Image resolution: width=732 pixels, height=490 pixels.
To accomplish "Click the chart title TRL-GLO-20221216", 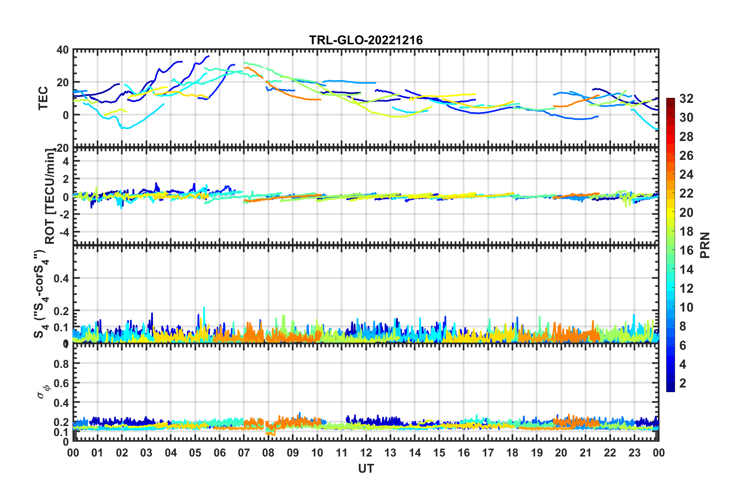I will pyautogui.click(x=366, y=40).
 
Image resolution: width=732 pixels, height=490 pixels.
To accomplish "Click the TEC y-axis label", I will pyautogui.click(x=43, y=98).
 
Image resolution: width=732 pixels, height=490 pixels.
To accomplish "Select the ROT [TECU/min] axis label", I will pyautogui.click(x=50, y=196).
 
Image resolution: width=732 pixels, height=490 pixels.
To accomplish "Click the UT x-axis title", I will pyautogui.click(x=366, y=468).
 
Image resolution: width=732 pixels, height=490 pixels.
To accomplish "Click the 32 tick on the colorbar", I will pyautogui.click(x=686, y=99).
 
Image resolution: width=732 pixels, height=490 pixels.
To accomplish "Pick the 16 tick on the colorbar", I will pyautogui.click(x=686, y=250).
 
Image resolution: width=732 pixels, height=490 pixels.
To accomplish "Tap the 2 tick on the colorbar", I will pyautogui.click(x=683, y=383).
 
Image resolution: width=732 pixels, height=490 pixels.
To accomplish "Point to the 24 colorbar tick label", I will pyautogui.click(x=686, y=175).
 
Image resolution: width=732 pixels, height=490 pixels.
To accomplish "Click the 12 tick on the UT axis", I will pyautogui.click(x=366, y=453).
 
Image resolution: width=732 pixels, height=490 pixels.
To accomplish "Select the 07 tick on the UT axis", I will pyautogui.click(x=244, y=453).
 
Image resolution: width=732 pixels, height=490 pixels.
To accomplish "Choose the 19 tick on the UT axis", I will pyautogui.click(x=537, y=453).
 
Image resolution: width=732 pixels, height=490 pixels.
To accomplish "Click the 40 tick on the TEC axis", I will pyautogui.click(x=63, y=50).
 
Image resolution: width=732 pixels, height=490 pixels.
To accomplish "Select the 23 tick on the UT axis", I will pyautogui.click(x=634, y=453).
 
